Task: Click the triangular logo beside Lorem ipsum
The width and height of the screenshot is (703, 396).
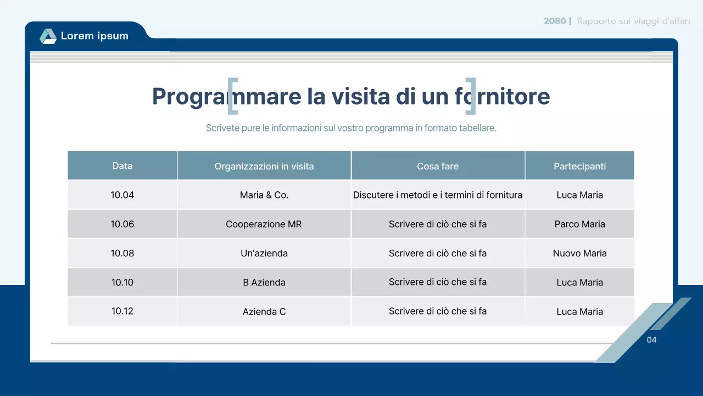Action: (48, 36)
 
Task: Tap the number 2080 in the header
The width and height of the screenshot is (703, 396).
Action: (555, 21)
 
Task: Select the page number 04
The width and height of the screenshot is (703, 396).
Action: (651, 340)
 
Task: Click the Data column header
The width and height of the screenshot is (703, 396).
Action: (122, 166)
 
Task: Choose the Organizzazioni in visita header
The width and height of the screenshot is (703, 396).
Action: (264, 166)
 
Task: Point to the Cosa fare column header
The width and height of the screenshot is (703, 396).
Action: (438, 166)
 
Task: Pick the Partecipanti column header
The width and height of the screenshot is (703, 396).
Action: (579, 166)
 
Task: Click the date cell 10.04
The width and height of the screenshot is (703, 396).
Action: (122, 195)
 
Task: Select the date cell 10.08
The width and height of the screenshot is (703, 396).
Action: (122, 253)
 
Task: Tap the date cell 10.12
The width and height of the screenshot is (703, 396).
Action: (122, 311)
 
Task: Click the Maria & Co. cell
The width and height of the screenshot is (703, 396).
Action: (264, 195)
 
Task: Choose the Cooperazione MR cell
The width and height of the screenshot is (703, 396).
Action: (264, 224)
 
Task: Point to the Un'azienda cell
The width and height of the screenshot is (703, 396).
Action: (264, 253)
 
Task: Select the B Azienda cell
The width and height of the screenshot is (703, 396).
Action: (264, 282)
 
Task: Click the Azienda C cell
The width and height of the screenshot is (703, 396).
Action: (264, 311)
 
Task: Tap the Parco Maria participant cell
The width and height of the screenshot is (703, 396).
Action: (579, 224)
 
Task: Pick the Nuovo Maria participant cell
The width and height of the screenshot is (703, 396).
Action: (579, 253)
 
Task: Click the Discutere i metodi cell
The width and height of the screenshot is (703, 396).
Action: (438, 195)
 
